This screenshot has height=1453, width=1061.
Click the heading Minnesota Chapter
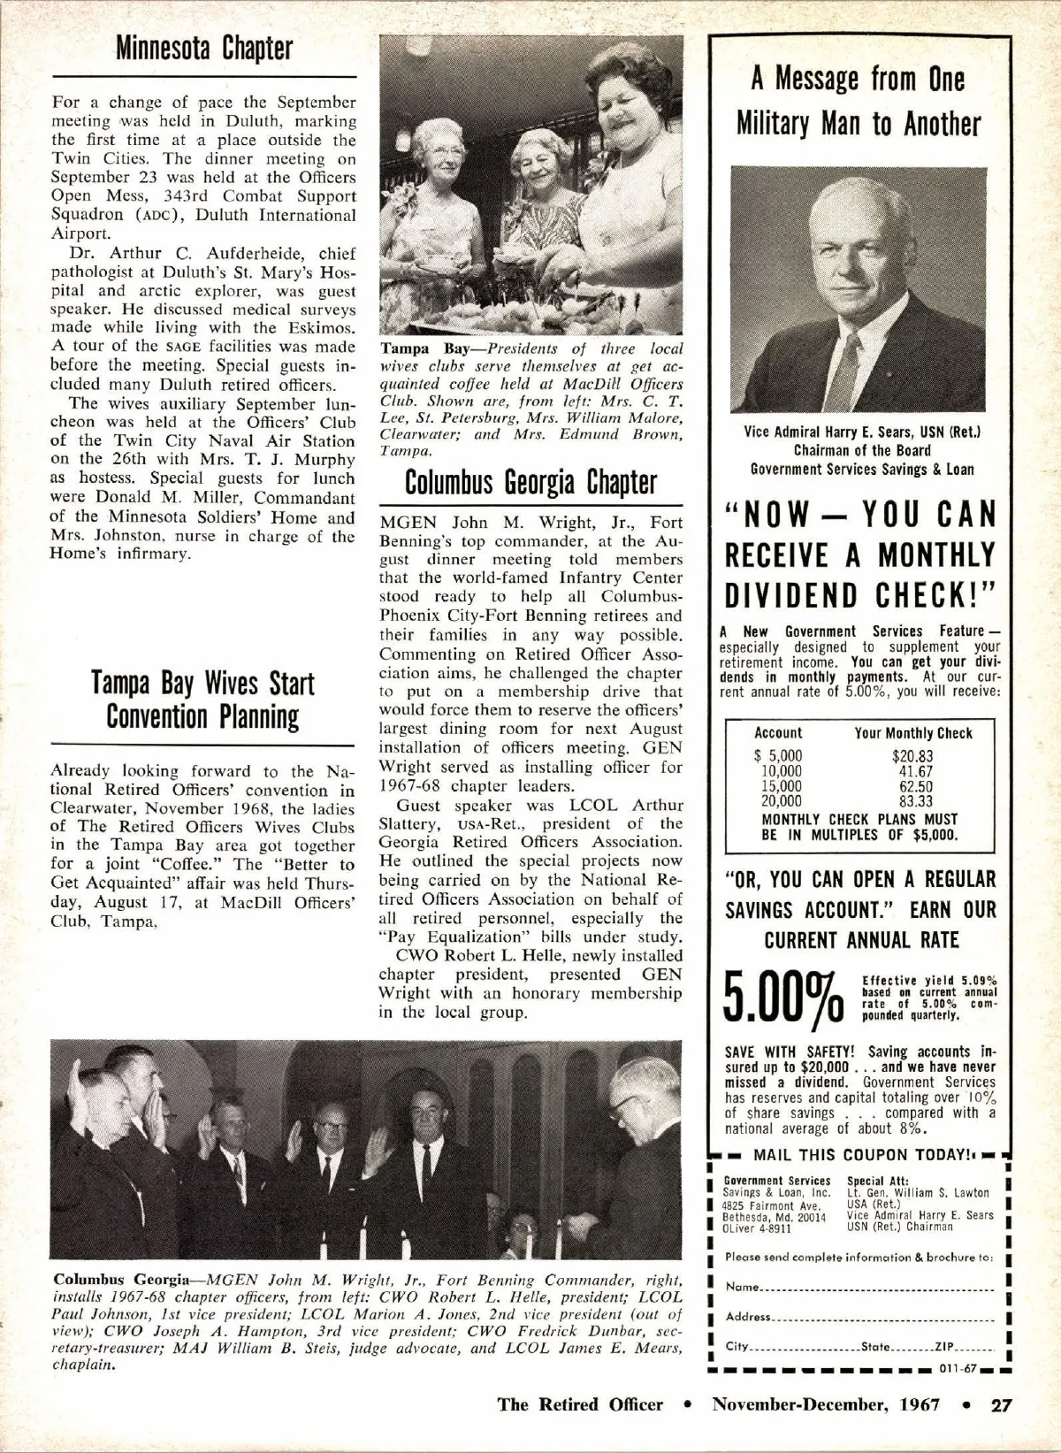203,50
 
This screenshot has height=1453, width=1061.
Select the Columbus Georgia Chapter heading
530,483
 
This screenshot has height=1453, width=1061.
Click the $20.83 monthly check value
912,756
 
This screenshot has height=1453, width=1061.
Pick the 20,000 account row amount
782,801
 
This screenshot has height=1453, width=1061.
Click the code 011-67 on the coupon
957,1367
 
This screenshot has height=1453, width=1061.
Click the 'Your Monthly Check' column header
912,733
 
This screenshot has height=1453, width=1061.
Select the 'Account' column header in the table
778,733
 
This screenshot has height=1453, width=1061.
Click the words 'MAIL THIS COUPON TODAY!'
852,1155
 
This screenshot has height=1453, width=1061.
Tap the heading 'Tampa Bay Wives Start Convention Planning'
202,700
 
